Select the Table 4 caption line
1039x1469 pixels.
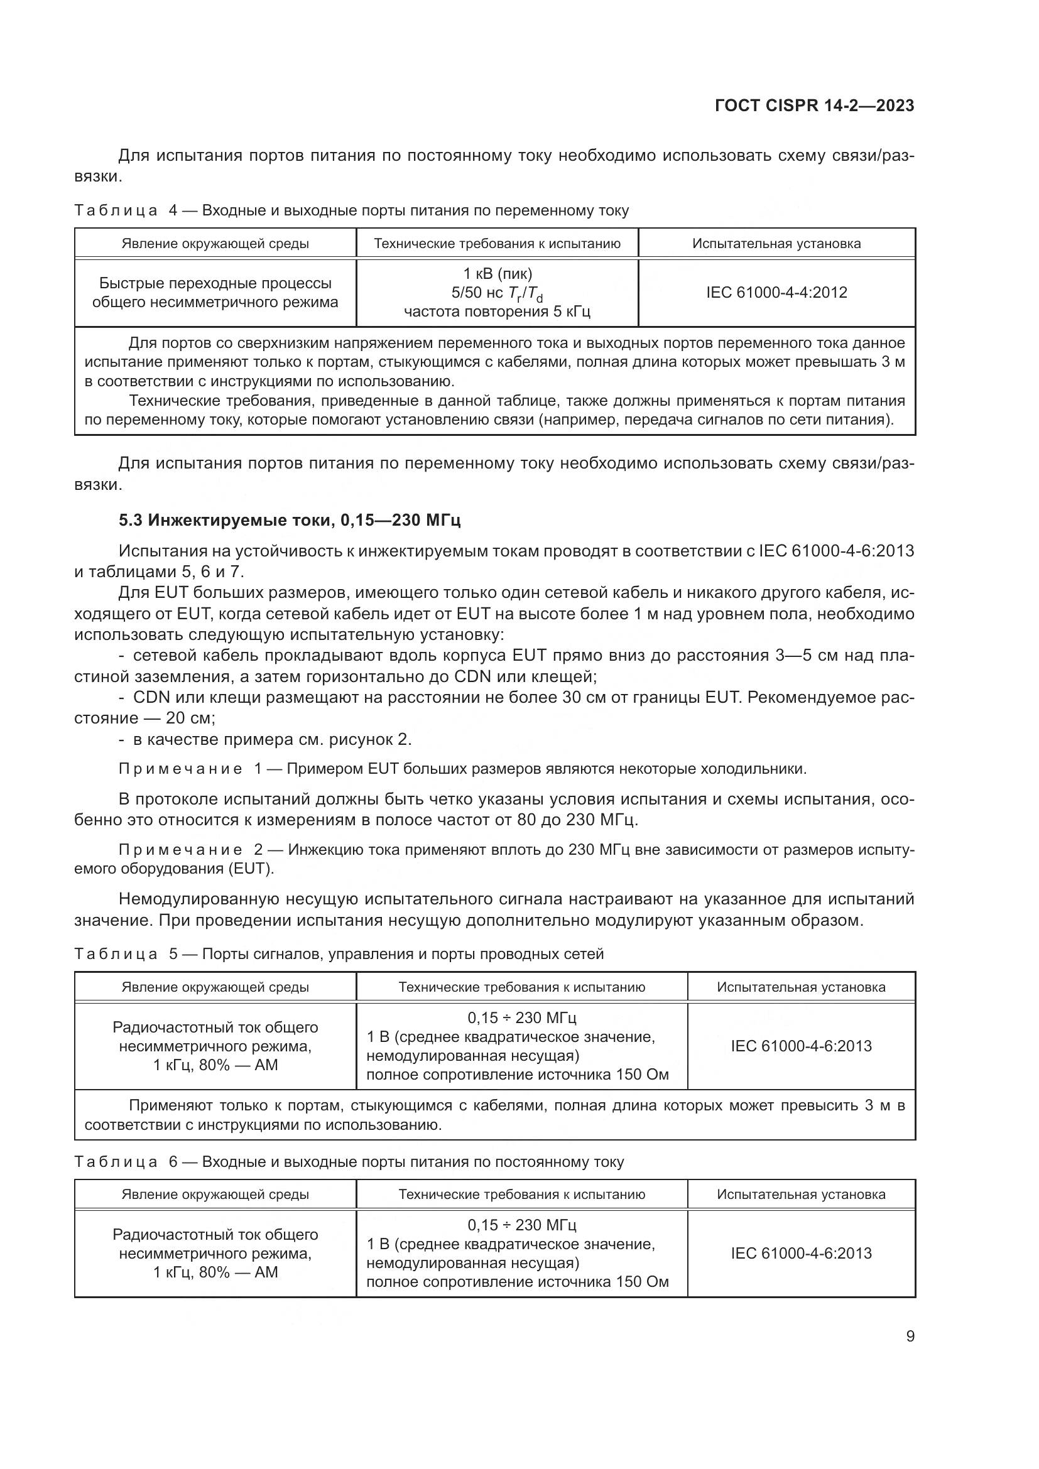coord(351,210)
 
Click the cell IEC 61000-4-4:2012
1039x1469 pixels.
coord(776,293)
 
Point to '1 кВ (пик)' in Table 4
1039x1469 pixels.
coord(497,274)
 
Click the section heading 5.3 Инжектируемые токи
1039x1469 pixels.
coord(289,520)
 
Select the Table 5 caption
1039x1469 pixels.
coord(339,954)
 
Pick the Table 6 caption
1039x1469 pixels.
coord(349,1162)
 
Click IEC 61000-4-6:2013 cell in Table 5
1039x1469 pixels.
coord(801,1046)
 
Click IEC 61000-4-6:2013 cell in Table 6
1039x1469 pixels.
coord(801,1254)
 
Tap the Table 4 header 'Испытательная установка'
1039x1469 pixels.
coord(776,244)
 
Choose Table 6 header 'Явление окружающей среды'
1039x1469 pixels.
coord(215,1195)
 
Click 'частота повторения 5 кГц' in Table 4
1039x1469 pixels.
coord(497,312)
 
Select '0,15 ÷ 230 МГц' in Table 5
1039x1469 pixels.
coord(521,1018)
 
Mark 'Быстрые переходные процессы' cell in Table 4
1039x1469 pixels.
coord(215,283)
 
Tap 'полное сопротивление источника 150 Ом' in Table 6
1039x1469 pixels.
coord(518,1282)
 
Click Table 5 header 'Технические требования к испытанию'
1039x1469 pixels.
coord(521,987)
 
